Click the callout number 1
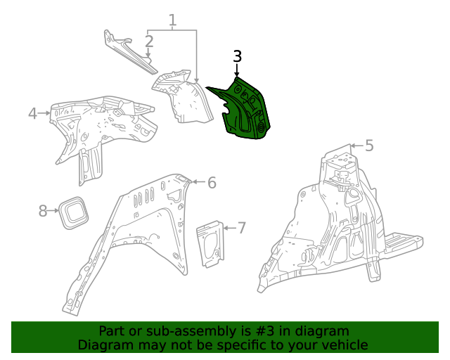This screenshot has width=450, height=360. [x=172, y=20]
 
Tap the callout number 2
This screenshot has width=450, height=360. [x=149, y=41]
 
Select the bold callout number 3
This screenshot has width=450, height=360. [x=237, y=56]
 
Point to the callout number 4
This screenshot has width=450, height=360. [x=33, y=113]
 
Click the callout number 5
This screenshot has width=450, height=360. [x=369, y=146]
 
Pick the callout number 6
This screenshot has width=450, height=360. [x=212, y=183]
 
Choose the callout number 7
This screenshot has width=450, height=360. [x=242, y=228]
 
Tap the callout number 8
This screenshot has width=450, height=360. [x=43, y=211]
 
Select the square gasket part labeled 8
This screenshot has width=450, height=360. [x=73, y=213]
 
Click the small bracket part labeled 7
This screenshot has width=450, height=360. [x=210, y=244]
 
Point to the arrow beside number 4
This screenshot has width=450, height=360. [x=44, y=113]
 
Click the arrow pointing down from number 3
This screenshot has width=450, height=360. [x=237, y=70]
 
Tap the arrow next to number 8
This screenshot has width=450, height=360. [x=53, y=211]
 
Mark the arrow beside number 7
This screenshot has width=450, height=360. [x=230, y=228]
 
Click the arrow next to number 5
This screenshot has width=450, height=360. [x=357, y=146]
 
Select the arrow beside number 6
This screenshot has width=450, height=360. [x=199, y=181]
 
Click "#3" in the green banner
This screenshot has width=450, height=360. [x=264, y=331]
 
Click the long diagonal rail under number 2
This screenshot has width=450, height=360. [x=131, y=53]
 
